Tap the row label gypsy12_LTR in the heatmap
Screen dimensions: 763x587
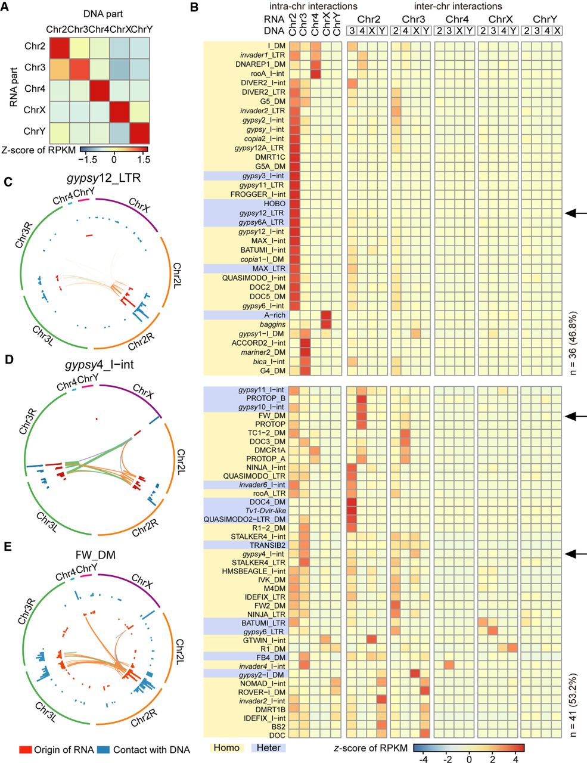260,213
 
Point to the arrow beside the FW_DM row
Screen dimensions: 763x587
576,415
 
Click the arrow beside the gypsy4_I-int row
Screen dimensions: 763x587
576,554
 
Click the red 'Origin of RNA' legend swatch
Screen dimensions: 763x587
25,749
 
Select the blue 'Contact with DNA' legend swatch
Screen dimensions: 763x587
104,749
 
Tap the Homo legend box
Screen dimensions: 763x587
226,748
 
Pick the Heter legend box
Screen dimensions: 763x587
268,748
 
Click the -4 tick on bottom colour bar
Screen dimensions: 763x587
423,761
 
